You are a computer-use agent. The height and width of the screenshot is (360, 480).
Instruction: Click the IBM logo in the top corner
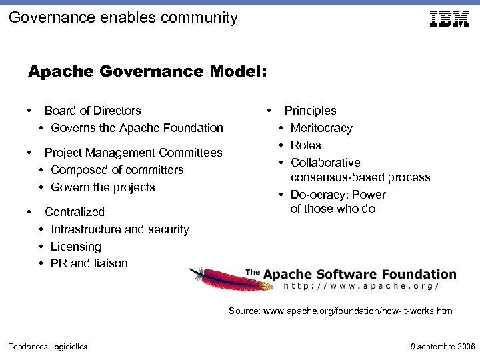click(x=449, y=19)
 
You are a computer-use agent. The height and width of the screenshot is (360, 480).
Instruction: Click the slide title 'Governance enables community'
click(x=123, y=18)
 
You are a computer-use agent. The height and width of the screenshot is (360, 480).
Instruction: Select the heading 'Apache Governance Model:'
click(x=147, y=71)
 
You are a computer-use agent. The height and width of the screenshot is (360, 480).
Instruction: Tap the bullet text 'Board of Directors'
click(x=93, y=111)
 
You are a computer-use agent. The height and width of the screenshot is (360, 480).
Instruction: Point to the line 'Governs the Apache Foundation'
click(x=137, y=128)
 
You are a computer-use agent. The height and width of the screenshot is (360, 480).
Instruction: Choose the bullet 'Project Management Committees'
click(x=133, y=153)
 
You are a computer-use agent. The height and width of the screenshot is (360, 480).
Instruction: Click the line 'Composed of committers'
click(x=117, y=170)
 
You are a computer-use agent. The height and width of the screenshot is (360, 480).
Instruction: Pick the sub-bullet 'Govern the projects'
click(x=103, y=187)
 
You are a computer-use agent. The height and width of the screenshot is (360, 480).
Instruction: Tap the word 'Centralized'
click(x=75, y=212)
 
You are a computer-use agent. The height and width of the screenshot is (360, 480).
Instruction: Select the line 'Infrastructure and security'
click(x=120, y=229)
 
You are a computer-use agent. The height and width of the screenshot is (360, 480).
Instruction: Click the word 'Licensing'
click(x=76, y=247)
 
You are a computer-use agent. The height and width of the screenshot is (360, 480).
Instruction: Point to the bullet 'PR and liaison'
click(x=89, y=263)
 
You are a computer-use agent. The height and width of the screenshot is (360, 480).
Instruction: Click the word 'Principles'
click(x=311, y=111)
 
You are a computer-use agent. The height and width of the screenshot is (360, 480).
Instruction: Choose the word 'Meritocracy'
click(x=321, y=128)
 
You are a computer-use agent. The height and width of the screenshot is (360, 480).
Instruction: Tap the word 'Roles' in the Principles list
click(x=306, y=145)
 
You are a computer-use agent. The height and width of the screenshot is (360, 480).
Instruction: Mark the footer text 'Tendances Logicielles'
click(x=47, y=347)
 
